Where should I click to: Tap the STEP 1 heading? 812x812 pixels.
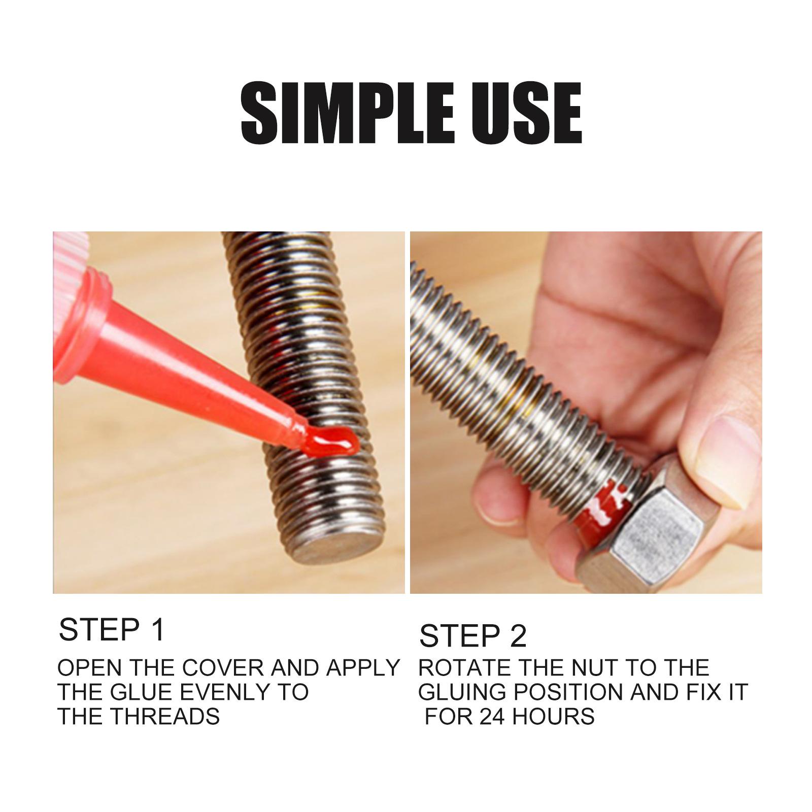(x=112, y=630)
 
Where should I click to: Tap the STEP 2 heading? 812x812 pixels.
(x=473, y=636)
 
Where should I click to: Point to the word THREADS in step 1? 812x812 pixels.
(x=165, y=717)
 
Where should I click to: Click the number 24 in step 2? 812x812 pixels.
(x=492, y=717)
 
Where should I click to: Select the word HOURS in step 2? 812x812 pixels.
(x=553, y=717)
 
